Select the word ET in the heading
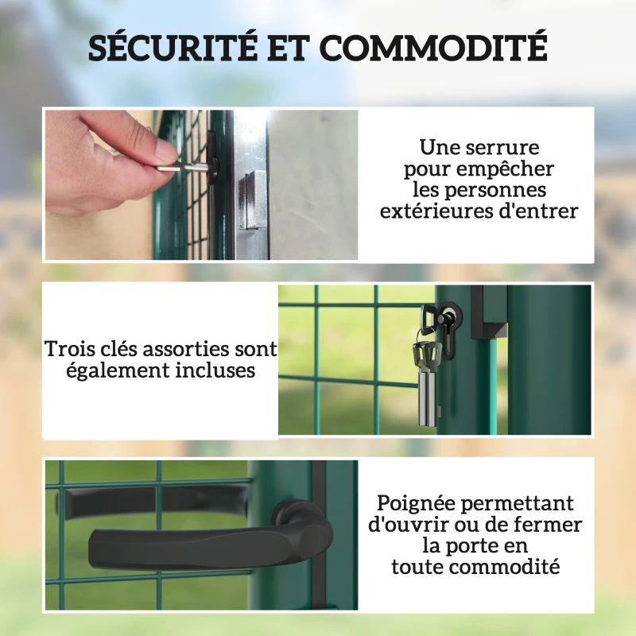(288, 48)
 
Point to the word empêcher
(505, 169)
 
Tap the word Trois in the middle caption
(70, 349)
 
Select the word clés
(119, 349)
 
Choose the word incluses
(215, 370)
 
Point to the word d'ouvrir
(409, 525)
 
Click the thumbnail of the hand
(201, 185)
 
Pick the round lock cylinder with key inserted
(449, 313)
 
